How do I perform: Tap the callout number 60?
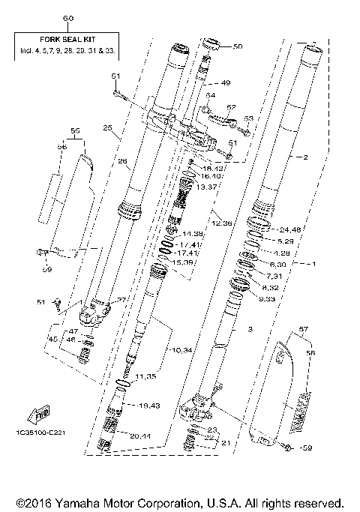click(69, 17)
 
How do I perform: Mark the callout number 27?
click(122, 301)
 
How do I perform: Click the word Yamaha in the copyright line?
click(88, 502)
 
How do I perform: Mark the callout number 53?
click(249, 118)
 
